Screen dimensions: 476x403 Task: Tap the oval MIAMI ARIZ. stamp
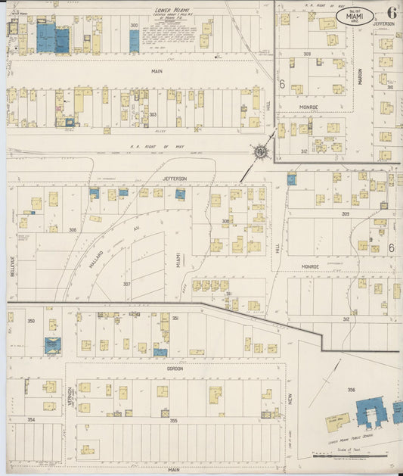(354, 16)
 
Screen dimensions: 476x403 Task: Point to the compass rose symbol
(262, 151)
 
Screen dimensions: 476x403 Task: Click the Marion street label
(360, 76)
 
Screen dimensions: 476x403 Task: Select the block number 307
(127, 284)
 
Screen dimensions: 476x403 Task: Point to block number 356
(352, 390)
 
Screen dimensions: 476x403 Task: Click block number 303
(152, 114)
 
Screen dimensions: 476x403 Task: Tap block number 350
(31, 321)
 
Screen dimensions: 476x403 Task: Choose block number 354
(31, 419)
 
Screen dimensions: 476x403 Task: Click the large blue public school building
(371, 412)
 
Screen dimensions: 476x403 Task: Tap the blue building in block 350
(52, 345)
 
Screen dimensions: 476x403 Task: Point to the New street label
(288, 398)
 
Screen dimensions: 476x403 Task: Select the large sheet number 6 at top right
(391, 12)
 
